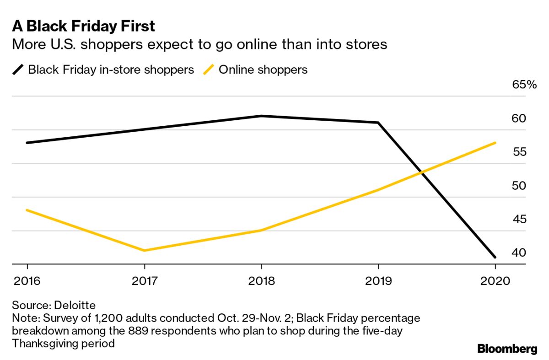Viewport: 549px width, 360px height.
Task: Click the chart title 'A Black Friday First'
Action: point(83,26)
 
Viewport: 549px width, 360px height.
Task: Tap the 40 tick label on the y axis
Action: point(518,253)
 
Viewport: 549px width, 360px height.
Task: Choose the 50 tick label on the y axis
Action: point(518,186)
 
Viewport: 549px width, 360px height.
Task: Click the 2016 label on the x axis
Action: point(27,280)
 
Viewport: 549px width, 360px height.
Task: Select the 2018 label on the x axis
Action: point(261,280)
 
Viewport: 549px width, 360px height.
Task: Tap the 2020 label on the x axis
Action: point(495,280)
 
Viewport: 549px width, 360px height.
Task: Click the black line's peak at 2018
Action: point(261,116)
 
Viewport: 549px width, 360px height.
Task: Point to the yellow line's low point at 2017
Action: point(144,251)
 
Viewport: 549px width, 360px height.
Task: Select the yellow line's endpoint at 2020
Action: point(495,143)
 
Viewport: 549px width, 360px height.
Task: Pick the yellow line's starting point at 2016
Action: point(27,210)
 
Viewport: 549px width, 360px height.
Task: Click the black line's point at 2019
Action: point(378,123)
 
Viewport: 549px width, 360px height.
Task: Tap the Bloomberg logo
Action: point(507,349)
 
